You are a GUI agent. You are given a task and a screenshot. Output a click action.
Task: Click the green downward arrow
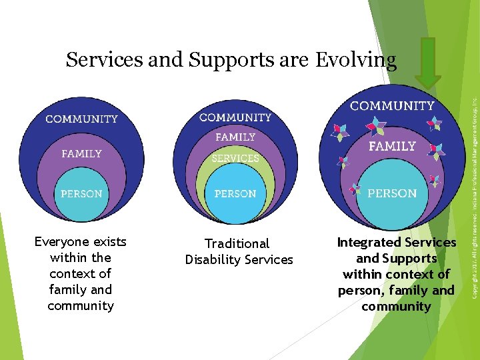pyautogui.click(x=428, y=62)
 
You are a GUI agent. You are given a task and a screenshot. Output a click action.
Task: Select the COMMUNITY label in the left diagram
pyautogui.click(x=81, y=119)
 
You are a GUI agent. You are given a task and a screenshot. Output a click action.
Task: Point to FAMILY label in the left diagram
pyautogui.click(x=81, y=153)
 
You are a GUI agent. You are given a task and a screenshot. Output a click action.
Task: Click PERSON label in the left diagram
pyautogui.click(x=81, y=194)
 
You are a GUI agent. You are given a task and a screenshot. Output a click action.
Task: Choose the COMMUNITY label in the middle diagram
pyautogui.click(x=235, y=117)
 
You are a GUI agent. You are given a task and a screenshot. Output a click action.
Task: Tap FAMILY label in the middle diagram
pyautogui.click(x=235, y=137)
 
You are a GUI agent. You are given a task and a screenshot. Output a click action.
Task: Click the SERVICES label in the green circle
pyautogui.click(x=235, y=159)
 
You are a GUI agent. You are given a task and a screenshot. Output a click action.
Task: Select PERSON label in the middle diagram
pyautogui.click(x=235, y=194)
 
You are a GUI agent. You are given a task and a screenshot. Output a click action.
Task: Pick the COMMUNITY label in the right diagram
pyautogui.click(x=392, y=105)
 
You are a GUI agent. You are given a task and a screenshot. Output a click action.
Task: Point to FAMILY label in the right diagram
pyautogui.click(x=392, y=146)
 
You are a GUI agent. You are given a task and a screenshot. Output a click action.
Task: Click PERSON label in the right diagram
pyautogui.click(x=392, y=193)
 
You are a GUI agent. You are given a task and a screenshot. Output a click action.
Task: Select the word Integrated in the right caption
pyautogui.click(x=369, y=243)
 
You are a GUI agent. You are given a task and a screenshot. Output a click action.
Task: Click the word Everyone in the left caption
pyautogui.click(x=63, y=241)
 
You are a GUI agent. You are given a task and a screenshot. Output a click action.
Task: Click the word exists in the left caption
pyautogui.click(x=110, y=241)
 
